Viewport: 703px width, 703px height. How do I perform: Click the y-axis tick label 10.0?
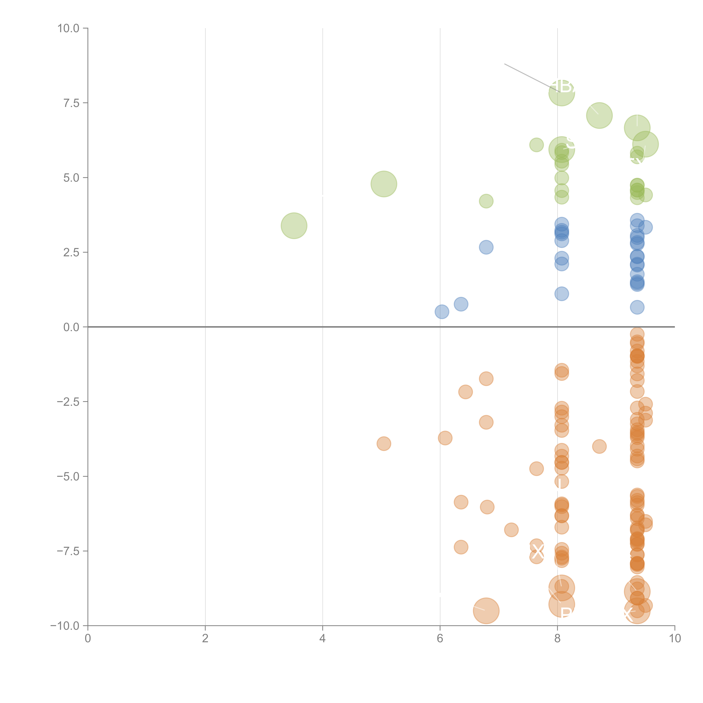[68, 28]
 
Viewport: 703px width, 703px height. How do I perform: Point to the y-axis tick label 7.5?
[71, 103]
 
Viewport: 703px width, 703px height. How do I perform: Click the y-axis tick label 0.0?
[71, 327]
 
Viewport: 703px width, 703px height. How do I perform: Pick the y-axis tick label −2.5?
[68, 402]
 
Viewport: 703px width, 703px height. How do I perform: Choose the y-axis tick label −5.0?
[68, 476]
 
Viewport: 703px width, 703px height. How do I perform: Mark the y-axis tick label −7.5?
[68, 551]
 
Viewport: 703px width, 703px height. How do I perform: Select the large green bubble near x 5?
[384, 184]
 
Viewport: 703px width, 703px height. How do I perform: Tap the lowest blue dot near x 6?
[442, 312]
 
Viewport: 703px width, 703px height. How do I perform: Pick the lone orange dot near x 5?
[384, 444]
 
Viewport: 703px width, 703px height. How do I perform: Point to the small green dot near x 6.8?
[486, 201]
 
